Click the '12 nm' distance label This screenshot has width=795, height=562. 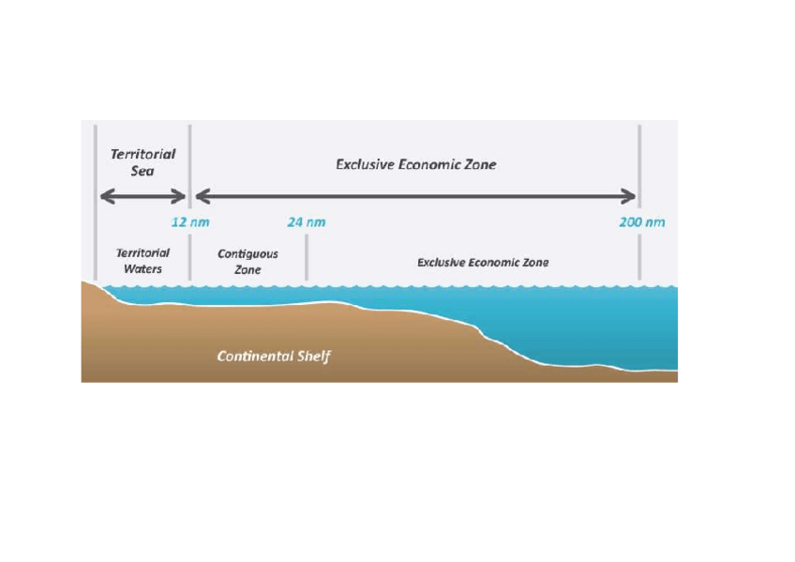coord(190,222)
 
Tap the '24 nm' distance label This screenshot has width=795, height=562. coord(306,222)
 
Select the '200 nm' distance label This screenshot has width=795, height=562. coord(641,222)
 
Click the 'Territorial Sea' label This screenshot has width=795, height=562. coord(142,162)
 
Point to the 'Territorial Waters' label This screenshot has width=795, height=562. coord(142,261)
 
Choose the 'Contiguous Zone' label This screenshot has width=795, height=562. coord(247,262)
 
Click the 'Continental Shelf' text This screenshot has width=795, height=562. coord(274,357)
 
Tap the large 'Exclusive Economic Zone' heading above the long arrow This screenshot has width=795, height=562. coord(415,164)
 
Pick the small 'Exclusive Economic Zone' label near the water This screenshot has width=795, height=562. coord(483,263)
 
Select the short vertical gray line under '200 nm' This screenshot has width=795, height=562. coord(639,257)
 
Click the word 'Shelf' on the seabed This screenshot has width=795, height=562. coord(313,357)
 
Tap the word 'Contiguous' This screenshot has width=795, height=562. coord(247,254)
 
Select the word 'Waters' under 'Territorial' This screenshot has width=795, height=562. coord(143,269)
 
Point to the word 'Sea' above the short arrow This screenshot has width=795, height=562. coord(142,172)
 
